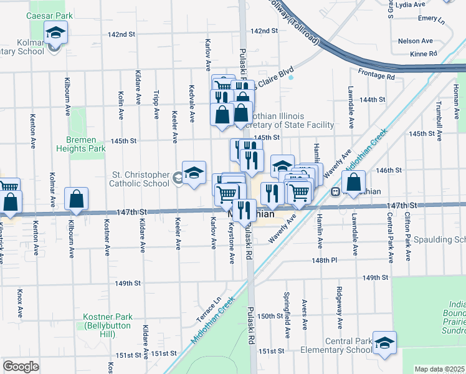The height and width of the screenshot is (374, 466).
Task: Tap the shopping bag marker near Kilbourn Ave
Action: point(76,199)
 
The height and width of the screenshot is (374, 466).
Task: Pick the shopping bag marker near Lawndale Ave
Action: point(353,183)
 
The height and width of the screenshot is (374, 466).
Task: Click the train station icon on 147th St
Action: point(335,192)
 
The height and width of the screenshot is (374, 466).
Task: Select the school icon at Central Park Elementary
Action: point(384,342)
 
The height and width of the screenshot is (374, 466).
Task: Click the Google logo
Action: point(21,367)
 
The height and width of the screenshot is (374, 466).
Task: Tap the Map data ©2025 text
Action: point(439,369)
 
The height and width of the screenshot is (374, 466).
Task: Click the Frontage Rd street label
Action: point(376,77)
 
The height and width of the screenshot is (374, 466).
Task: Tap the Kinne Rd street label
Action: point(421,54)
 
